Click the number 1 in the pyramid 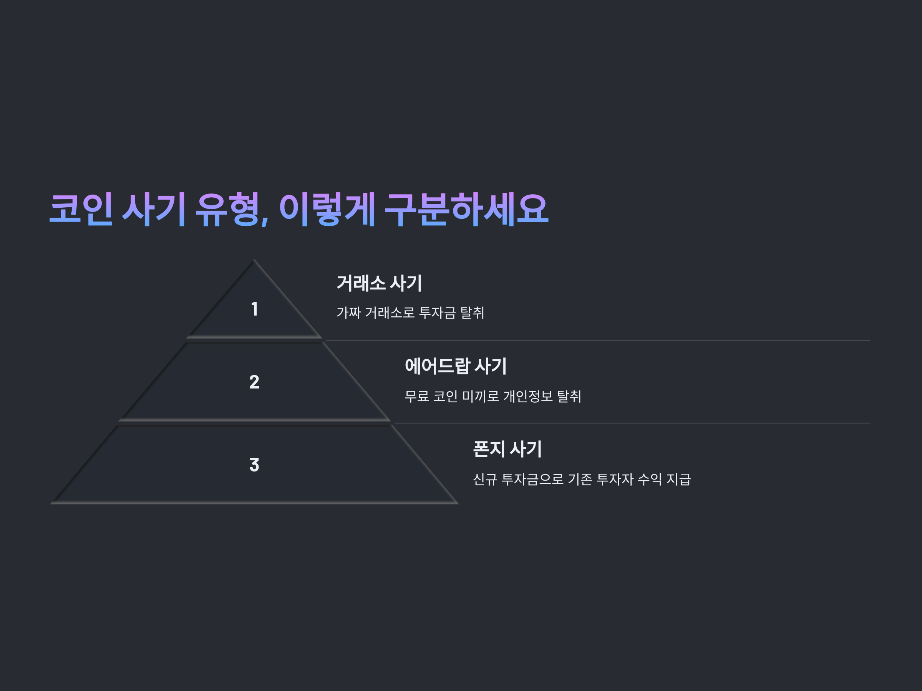[x=254, y=309]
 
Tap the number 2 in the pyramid [x=254, y=382]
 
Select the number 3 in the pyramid [x=254, y=465]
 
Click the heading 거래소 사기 [x=379, y=283]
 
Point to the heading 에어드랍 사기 [x=456, y=366]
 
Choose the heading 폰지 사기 [x=507, y=450]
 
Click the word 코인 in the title [x=81, y=209]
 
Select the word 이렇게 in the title [x=327, y=209]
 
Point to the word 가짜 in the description [x=348, y=313]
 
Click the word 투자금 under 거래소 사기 [x=437, y=313]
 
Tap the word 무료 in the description [x=416, y=396]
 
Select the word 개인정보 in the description [x=528, y=396]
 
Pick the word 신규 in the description [x=485, y=479]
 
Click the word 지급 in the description [x=678, y=479]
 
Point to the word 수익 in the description [x=649, y=479]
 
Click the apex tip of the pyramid [x=254, y=261]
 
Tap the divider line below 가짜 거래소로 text [x=596, y=340]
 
